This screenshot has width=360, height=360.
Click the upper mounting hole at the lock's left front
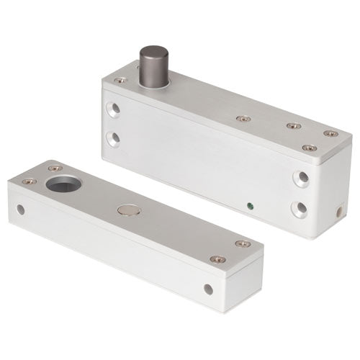tap(112, 109)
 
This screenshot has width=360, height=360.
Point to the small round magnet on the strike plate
tap(127, 211)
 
